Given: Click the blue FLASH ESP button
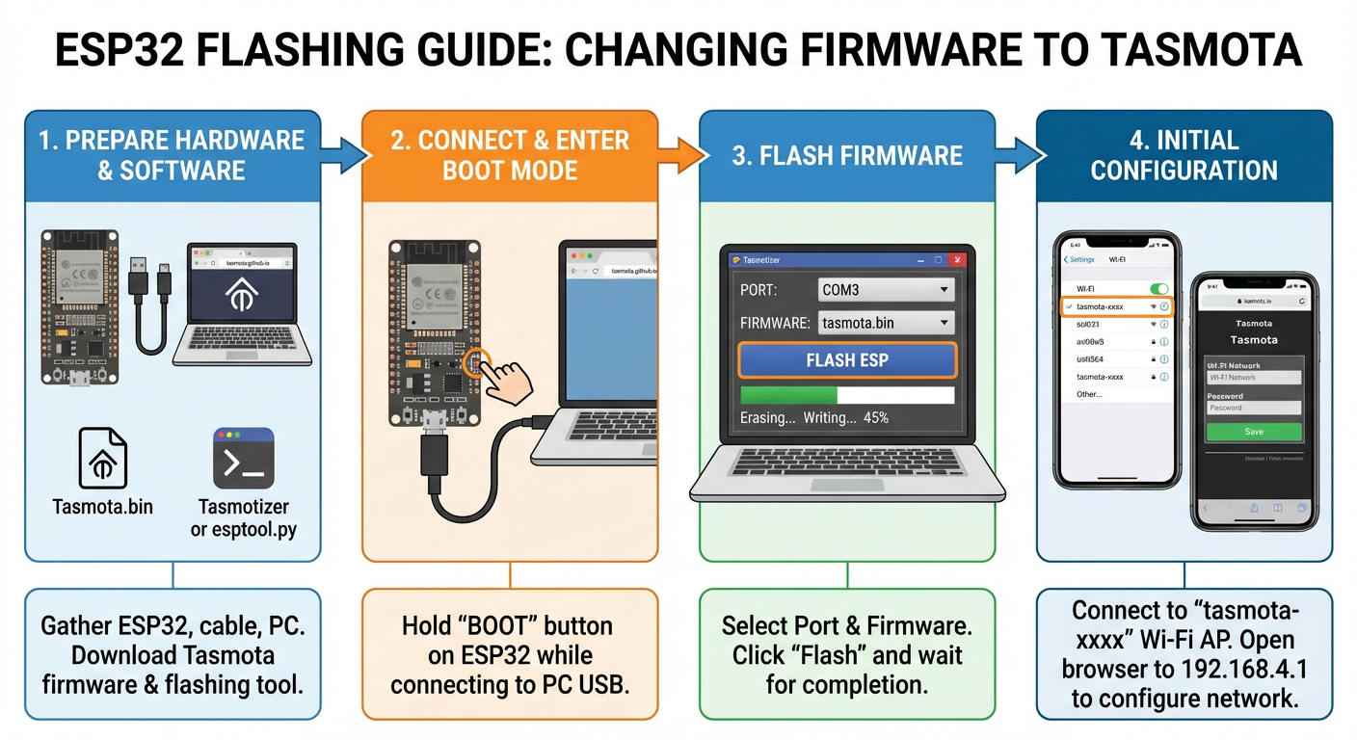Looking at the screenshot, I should click(x=847, y=360).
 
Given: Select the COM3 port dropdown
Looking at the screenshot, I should click(x=886, y=289).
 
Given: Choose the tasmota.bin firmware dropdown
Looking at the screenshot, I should click(x=886, y=323).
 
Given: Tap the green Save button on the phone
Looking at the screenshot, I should click(x=1254, y=432).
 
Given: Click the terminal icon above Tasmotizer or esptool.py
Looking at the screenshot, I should click(x=243, y=459).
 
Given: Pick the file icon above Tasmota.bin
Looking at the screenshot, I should click(x=102, y=459).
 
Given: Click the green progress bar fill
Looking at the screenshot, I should click(x=788, y=395).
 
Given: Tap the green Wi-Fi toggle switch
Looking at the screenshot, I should click(x=1159, y=288).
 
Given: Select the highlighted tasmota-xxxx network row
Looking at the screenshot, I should click(x=1117, y=306).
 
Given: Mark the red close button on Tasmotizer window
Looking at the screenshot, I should click(x=956, y=260).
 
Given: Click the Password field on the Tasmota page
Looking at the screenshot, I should click(x=1254, y=408).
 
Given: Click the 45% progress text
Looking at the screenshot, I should click(x=875, y=418).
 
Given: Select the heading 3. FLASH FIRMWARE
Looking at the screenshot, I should click(x=847, y=156).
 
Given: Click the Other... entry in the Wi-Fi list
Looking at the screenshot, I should click(x=1089, y=394).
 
